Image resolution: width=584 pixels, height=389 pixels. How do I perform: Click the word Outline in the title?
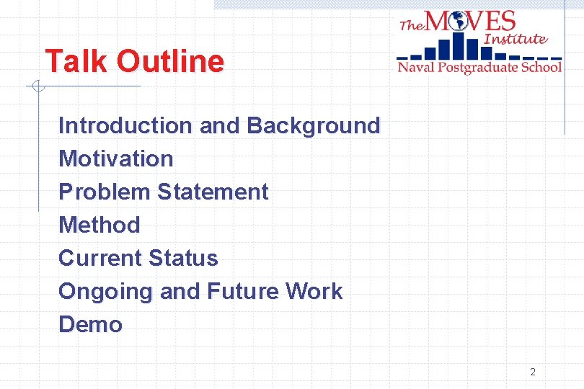170,61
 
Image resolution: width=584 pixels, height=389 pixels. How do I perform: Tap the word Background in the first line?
313,125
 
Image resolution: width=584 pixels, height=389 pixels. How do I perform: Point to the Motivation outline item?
116,158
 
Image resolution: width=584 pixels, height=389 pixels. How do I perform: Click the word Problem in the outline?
105,192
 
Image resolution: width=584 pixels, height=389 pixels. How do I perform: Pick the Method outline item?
99,225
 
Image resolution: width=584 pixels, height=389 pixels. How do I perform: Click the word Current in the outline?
100,258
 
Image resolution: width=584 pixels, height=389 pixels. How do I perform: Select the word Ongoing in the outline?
106,292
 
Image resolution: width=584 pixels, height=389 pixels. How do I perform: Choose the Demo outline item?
91,324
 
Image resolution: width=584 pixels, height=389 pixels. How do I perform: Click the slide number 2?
533,372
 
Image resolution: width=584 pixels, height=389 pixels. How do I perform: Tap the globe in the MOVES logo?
457,22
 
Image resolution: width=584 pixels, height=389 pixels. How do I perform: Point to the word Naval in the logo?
416,67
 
